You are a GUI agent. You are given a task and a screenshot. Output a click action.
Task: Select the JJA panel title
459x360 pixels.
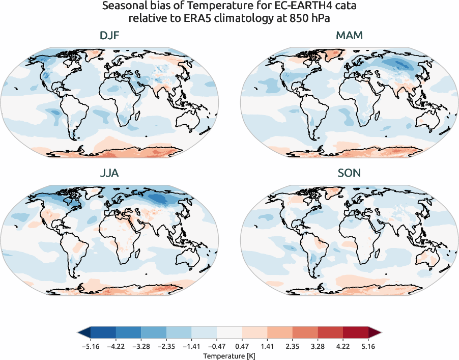pyautogui.click(x=110, y=173)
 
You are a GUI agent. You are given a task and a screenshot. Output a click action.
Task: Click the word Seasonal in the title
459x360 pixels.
pyautogui.click(x=124, y=7)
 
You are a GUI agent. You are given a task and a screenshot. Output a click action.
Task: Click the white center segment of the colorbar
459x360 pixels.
pyautogui.click(x=230, y=333)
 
